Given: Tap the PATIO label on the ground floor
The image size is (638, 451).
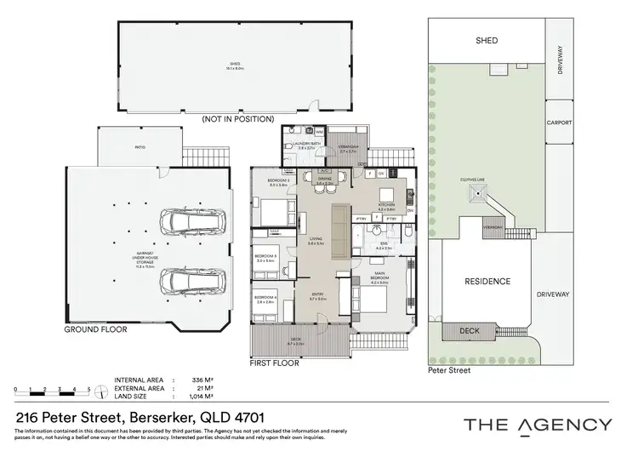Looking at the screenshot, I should coord(140,147).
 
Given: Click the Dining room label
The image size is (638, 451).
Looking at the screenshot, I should coord(324,180).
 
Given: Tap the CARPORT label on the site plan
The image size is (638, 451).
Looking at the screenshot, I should coord(559,123).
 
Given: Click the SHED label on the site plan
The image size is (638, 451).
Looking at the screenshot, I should coord(487,40).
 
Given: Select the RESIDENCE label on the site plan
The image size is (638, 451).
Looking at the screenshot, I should coord(487,281).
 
